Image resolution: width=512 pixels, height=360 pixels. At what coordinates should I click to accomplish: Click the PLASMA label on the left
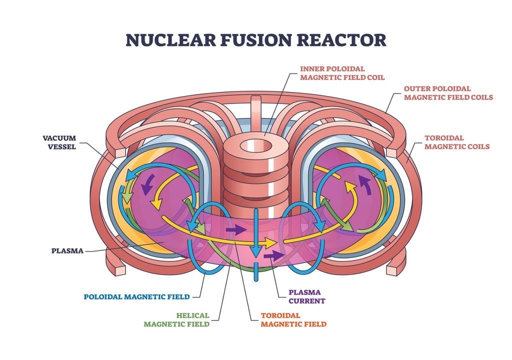67,250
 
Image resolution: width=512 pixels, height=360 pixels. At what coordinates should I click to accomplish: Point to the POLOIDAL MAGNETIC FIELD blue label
137,296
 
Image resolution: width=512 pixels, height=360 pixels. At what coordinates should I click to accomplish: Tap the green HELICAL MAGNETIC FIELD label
176,320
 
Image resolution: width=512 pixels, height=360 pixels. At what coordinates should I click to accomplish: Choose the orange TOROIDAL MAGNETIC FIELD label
293,320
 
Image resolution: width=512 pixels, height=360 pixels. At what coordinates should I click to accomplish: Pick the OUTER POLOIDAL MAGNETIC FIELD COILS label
448,93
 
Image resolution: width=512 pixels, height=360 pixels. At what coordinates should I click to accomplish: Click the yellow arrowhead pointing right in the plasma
270,243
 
